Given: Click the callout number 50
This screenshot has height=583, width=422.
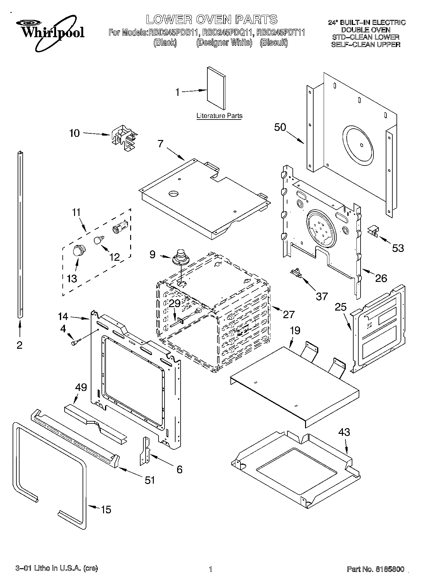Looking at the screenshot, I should (x=280, y=127).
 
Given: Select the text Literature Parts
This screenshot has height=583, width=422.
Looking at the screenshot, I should (x=219, y=116).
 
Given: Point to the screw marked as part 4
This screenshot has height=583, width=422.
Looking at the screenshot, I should (x=76, y=342).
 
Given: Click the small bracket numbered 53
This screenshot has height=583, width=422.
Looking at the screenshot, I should (x=373, y=231).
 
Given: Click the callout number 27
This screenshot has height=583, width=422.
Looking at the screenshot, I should (x=289, y=314).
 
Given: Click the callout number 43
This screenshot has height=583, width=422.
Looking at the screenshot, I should (x=344, y=432).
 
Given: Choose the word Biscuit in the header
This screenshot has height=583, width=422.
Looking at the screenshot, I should (x=274, y=42).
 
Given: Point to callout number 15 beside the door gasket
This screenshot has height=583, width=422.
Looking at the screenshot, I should (x=106, y=510).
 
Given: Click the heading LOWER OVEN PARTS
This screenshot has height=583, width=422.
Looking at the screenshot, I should (x=211, y=20).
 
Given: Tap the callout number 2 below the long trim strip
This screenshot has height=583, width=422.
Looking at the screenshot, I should (x=20, y=345).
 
